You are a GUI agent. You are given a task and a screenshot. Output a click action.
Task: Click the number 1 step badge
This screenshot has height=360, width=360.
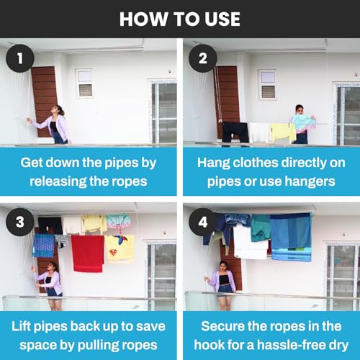[x=20, y=58]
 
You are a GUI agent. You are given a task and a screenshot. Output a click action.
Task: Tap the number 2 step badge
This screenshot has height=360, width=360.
[x=203, y=58]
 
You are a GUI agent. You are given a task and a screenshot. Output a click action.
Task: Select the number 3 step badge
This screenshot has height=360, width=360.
[x=20, y=222]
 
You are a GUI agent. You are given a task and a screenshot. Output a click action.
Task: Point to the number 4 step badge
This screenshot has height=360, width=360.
[x=203, y=222]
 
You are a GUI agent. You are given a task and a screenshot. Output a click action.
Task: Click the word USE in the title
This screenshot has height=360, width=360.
[x=222, y=19]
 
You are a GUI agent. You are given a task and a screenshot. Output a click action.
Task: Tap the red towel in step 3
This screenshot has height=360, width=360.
[x=88, y=253]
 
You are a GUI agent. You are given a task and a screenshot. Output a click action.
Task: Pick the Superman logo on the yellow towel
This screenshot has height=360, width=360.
[x=114, y=253]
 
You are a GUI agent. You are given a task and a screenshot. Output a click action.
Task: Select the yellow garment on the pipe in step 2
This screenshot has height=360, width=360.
[x=283, y=132]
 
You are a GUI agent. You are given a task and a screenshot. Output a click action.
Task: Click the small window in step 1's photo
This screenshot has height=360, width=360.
[x=84, y=84]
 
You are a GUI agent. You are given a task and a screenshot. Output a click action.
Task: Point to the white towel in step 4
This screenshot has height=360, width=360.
[x=250, y=243]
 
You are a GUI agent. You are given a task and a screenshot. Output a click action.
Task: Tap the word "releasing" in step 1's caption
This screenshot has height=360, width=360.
[x=58, y=181]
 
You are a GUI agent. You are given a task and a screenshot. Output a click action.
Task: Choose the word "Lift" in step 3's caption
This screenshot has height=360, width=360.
[x=22, y=326]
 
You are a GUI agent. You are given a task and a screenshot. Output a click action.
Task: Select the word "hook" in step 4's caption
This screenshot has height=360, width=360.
[x=209, y=345]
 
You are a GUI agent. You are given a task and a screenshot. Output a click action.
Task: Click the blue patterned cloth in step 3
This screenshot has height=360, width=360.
[x=44, y=246]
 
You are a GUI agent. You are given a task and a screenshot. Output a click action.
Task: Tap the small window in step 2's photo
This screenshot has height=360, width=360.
[x=267, y=84]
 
